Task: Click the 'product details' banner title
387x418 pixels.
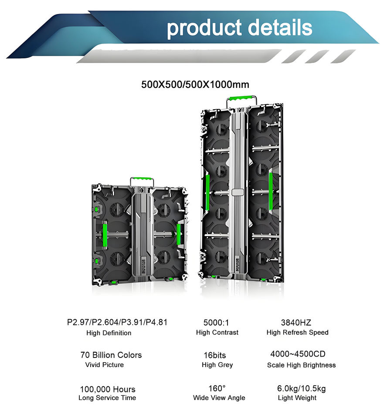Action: (239, 28)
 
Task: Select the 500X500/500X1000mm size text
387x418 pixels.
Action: (195, 84)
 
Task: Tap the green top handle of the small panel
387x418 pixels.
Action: (141, 180)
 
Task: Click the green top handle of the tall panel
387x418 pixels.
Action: (238, 99)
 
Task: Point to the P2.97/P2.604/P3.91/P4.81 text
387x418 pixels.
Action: (117, 323)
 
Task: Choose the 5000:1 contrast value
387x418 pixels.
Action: (216, 323)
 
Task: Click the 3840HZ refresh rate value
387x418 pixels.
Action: (296, 323)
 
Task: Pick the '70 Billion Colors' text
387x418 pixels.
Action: (111, 355)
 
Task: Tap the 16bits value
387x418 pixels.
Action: (215, 355)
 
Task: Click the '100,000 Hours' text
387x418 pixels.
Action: (108, 389)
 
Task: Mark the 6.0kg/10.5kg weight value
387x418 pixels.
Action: (302, 388)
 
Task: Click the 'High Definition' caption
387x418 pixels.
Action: (109, 333)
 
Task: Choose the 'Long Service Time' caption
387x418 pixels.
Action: (107, 398)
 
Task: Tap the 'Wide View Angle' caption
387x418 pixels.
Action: (219, 398)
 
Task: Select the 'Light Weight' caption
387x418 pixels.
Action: (297, 398)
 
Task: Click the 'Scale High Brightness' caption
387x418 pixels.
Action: (302, 365)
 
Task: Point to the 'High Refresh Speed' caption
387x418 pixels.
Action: (298, 333)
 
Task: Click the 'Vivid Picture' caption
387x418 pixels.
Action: (105, 365)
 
